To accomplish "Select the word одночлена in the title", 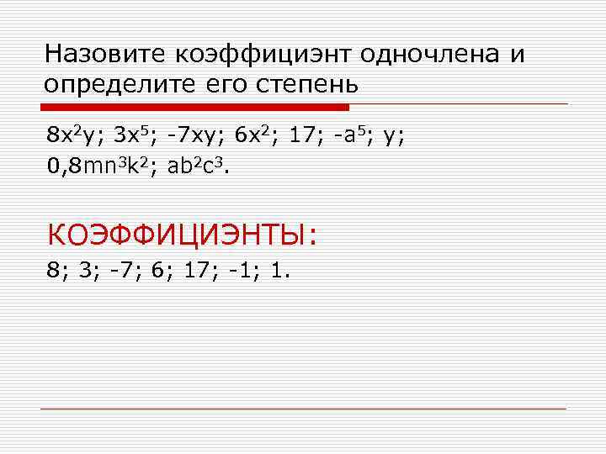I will coord(432,55).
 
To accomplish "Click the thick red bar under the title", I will coord(195,107).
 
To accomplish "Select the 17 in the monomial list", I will coord(301,135).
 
